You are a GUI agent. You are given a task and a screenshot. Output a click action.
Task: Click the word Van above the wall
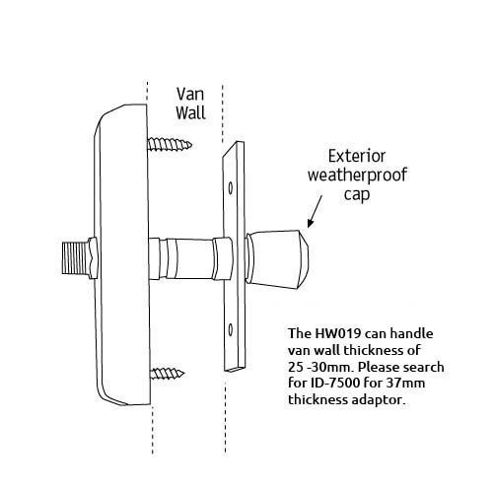190,95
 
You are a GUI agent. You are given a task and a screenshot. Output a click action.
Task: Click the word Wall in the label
190,112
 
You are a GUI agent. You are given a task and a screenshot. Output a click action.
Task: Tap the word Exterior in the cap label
357,156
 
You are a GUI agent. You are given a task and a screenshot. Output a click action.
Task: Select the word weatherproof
357,176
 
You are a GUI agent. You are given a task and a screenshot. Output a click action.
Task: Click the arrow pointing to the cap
315,211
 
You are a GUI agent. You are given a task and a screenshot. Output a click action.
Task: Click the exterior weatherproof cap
277,259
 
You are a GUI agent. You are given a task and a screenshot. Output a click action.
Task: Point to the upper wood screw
170,144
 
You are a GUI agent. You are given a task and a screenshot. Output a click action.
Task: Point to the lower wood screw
167,373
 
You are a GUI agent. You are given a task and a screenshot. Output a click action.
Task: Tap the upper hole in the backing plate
231,187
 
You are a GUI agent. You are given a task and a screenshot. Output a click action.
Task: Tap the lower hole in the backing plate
231,329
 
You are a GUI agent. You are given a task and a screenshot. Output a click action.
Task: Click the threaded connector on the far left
75,258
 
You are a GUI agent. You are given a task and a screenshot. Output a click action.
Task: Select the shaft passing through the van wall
190,258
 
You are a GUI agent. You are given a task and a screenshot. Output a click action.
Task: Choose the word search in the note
424,367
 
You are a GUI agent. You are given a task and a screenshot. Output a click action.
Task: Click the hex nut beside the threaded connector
93,258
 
